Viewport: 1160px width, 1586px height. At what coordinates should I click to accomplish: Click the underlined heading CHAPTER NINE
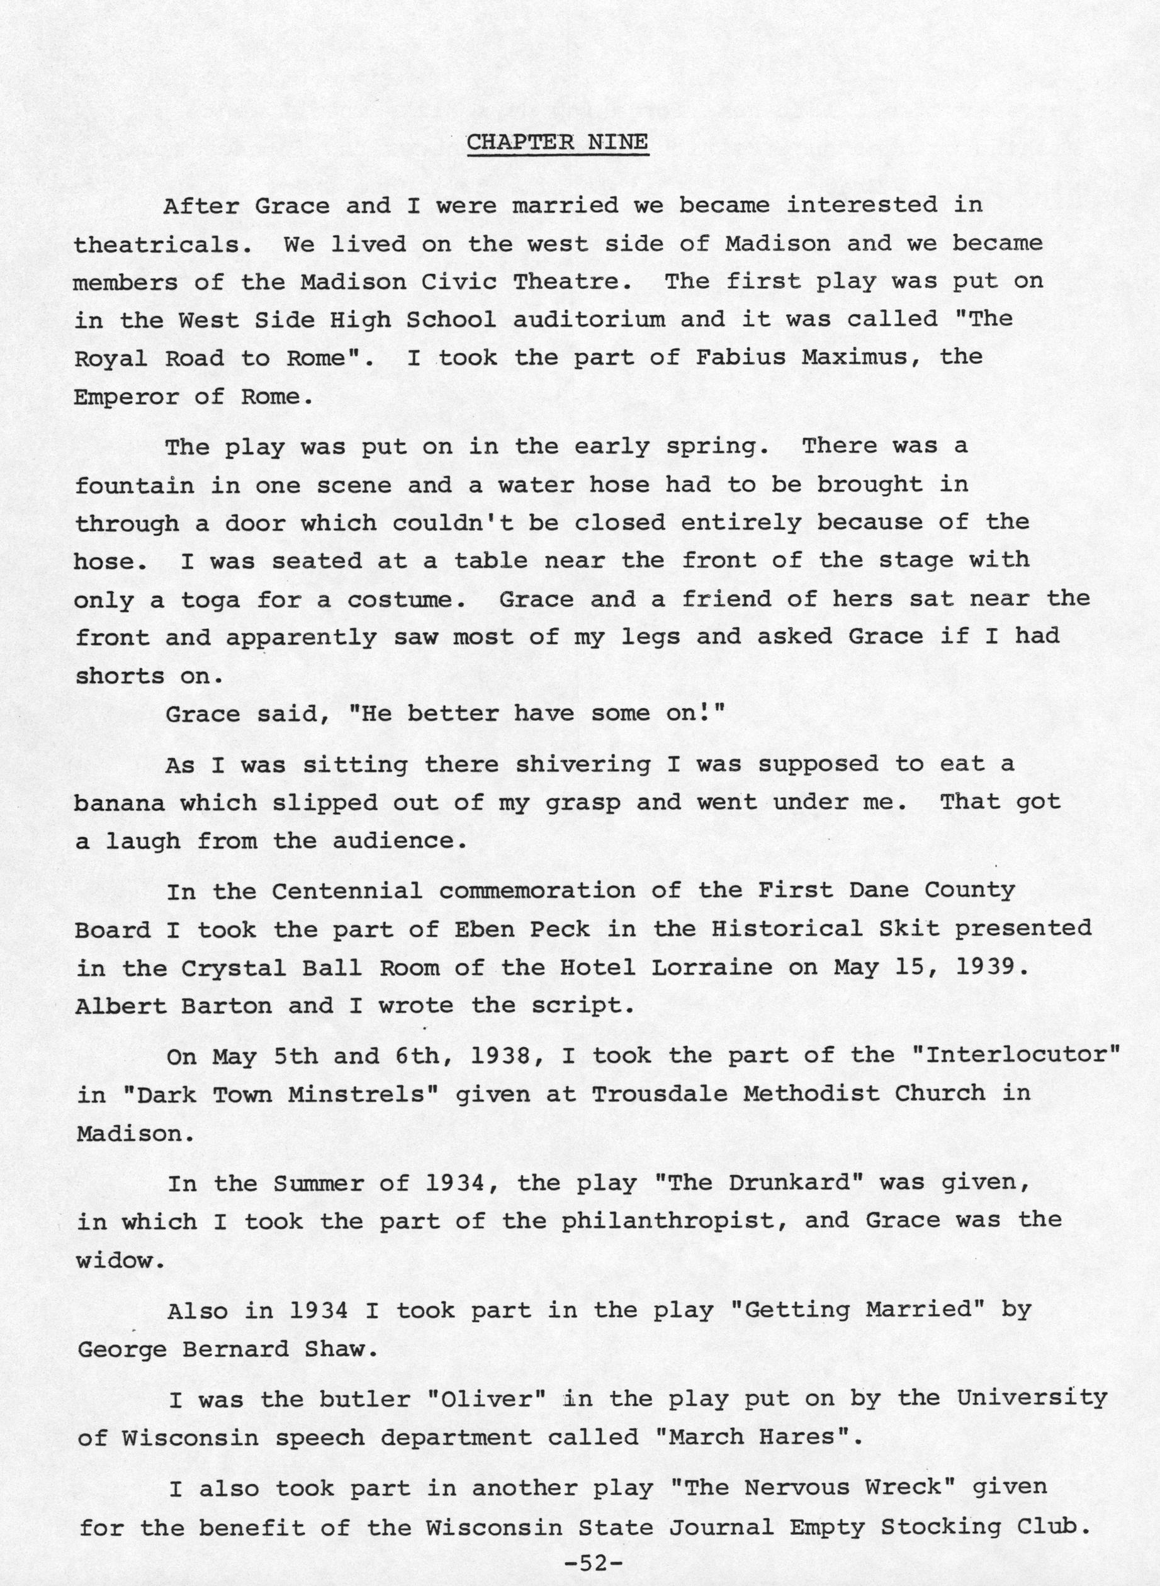(x=557, y=142)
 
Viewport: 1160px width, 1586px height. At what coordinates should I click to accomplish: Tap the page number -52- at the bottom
(x=593, y=1558)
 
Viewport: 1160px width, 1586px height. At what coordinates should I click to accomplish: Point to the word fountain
(x=134, y=485)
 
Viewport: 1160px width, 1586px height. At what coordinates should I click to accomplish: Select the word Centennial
(x=347, y=892)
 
